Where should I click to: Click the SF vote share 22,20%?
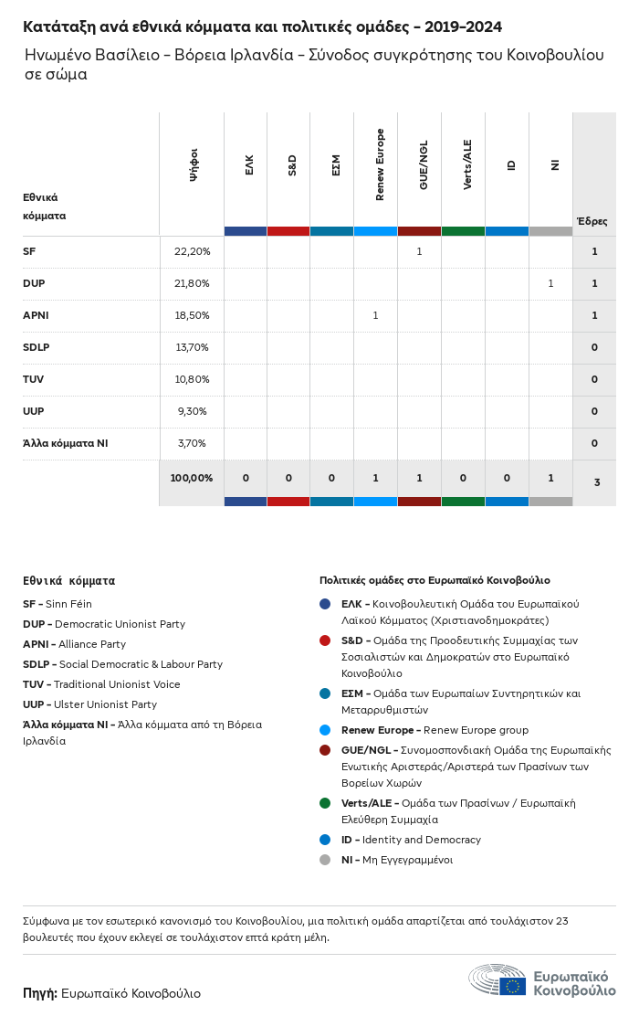[x=192, y=251]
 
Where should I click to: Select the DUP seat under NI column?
[x=550, y=283]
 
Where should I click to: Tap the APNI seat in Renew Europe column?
[x=375, y=315]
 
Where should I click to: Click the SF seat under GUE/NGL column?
[x=419, y=251]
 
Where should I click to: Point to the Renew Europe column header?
[x=380, y=164]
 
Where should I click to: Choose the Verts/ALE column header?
[x=467, y=164]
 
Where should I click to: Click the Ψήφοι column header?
[x=194, y=164]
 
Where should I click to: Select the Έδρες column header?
[x=592, y=221]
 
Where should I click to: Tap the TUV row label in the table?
[x=34, y=379]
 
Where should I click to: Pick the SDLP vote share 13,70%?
[x=192, y=347]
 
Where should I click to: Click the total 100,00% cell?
[x=192, y=478]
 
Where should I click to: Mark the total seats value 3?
[x=595, y=481]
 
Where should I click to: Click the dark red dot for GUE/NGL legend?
[x=325, y=750]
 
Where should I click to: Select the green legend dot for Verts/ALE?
[x=325, y=803]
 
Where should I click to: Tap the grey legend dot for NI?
[x=325, y=860]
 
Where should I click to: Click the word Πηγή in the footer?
[x=39, y=993]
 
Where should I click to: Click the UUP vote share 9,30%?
[x=192, y=411]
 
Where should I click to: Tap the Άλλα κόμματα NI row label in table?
[x=65, y=443]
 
